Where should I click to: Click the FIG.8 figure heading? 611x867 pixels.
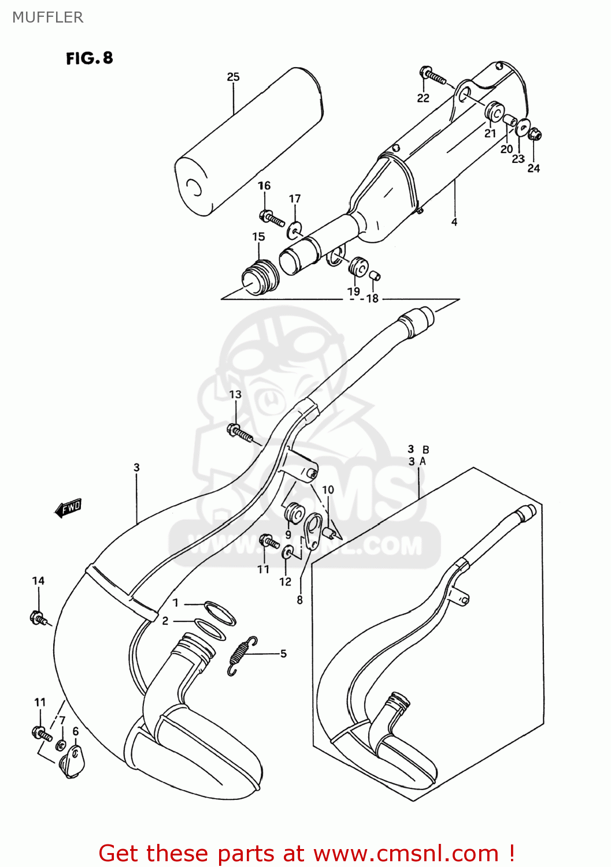tap(90, 58)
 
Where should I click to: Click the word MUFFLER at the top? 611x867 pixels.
tap(48, 17)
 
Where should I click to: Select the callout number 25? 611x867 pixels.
tap(233, 77)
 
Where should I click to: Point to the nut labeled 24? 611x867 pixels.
tap(535, 134)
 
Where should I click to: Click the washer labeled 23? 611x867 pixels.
tap(523, 127)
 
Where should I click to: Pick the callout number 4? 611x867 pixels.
tap(454, 222)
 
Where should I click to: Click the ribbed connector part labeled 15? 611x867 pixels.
tap(261, 277)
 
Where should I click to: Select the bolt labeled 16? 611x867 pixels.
tap(272, 218)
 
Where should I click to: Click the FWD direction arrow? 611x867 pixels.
tap(68, 508)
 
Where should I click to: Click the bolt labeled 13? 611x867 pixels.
tap(240, 432)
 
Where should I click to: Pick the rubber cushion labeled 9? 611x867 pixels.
tap(294, 514)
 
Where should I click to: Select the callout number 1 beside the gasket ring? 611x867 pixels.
tap(176, 603)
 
